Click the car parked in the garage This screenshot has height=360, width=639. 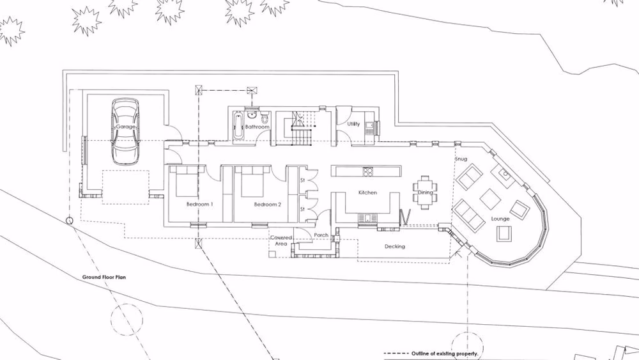click(125, 131)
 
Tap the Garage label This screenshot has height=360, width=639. click(125, 127)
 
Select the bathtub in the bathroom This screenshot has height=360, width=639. click(238, 126)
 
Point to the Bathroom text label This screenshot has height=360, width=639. click(258, 127)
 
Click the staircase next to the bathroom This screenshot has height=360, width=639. click(299, 128)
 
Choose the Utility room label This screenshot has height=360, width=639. click(353, 124)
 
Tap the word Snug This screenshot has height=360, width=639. click(461, 159)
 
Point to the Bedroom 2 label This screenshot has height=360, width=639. click(267, 205)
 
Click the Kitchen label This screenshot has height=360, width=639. click(367, 192)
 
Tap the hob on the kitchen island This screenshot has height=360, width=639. click(367, 171)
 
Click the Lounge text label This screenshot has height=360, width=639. click(500, 219)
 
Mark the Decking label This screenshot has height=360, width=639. click(394, 246)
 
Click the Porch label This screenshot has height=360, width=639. click(321, 235)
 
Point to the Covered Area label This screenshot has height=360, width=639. click(282, 240)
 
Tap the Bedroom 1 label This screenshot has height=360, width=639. click(199, 205)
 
